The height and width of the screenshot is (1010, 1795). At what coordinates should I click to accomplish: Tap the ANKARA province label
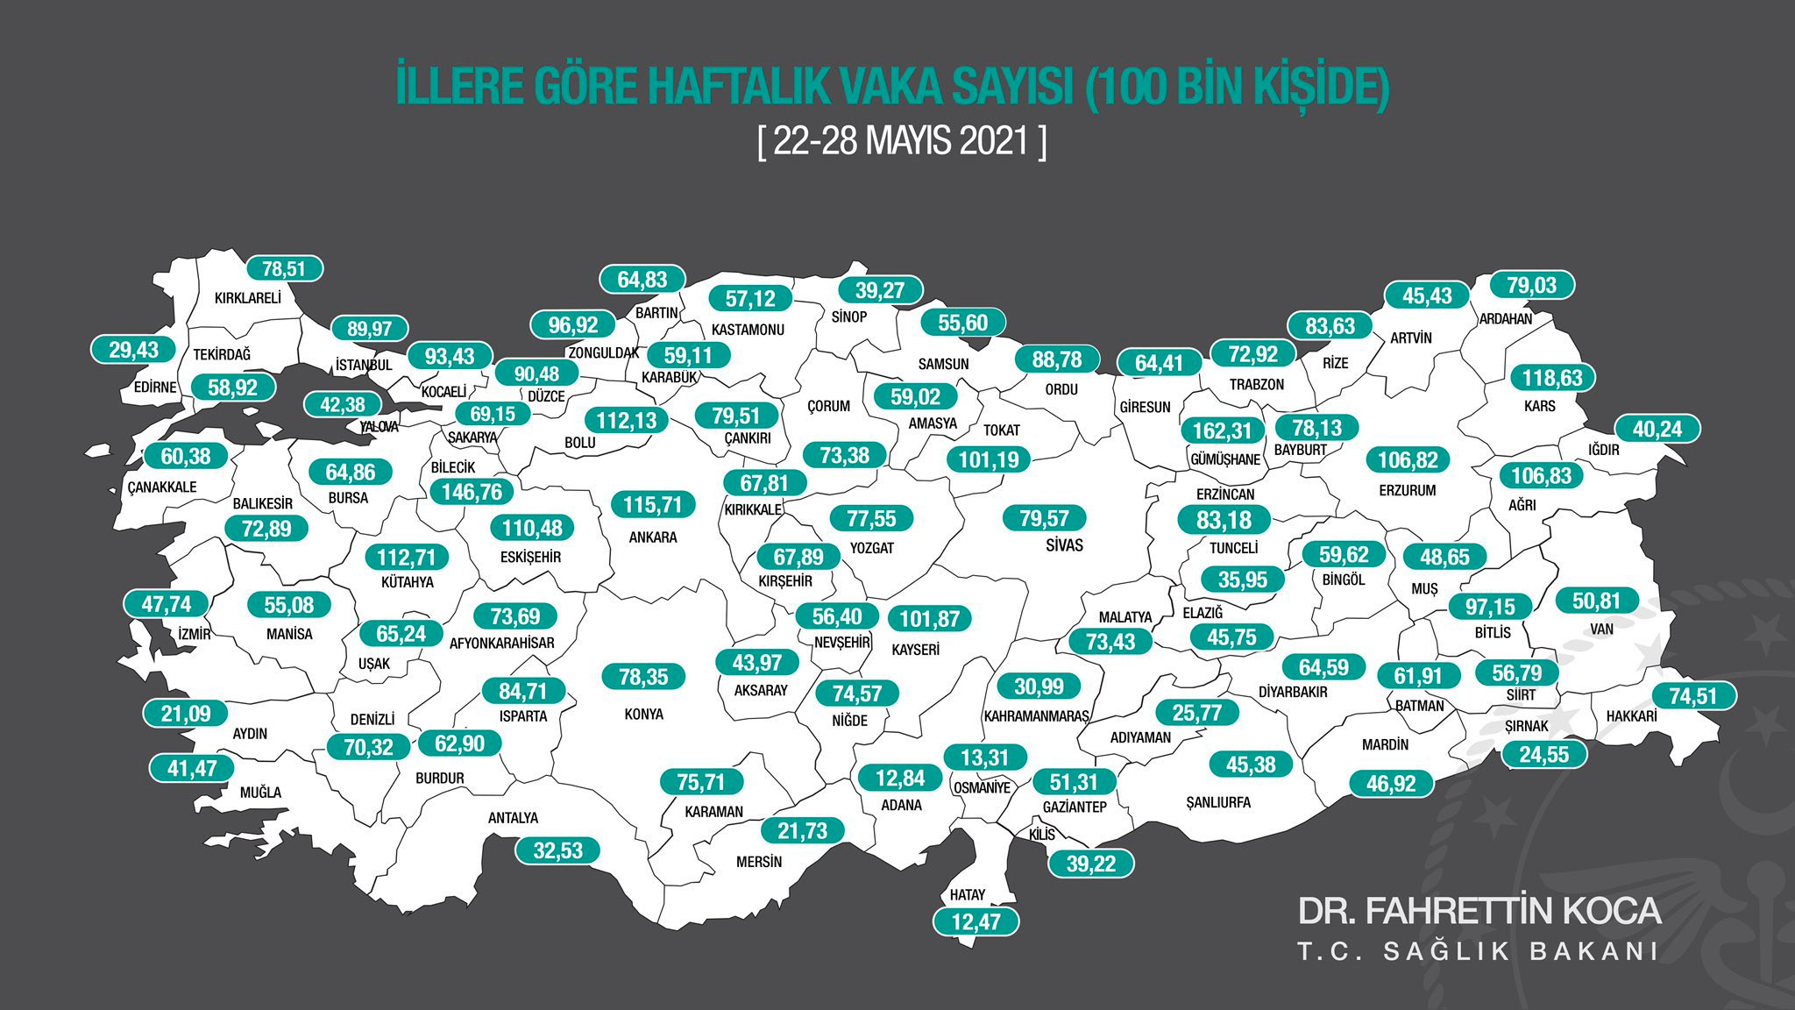coord(653,537)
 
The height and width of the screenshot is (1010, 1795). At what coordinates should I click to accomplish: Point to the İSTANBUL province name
coord(364,365)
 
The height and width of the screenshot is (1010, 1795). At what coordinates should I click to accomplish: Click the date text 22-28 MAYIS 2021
coord(901,141)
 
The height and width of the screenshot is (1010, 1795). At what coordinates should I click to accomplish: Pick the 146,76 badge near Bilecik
coord(472,492)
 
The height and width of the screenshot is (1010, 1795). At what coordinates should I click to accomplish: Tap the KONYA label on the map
coord(643,715)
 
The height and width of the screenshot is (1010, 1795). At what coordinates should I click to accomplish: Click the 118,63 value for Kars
coord(1552,378)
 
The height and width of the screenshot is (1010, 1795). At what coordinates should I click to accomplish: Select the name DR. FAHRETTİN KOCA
coord(1479,911)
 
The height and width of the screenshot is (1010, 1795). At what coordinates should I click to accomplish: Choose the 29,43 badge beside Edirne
coord(133,350)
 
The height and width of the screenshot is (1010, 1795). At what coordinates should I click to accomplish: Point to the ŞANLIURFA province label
coord(1217,803)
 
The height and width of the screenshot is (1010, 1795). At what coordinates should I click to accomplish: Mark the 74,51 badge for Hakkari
coord(1692,696)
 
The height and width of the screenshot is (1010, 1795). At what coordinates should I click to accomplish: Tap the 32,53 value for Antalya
coord(557,850)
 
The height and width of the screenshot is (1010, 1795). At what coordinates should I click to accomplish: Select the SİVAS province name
coord(1064,545)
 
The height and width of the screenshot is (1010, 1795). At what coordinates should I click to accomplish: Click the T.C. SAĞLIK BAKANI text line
coord(1479,952)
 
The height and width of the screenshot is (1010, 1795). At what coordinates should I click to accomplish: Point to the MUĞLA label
coord(260,793)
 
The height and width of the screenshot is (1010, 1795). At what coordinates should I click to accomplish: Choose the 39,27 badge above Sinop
coord(880,290)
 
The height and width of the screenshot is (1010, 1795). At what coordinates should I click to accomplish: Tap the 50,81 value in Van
coord(1596,601)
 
